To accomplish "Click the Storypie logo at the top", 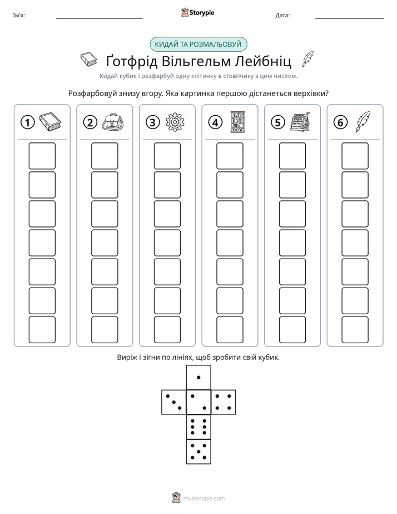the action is click(x=197, y=12).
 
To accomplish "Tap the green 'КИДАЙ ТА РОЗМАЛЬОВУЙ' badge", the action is click(x=198, y=45).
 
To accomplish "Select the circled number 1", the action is click(x=27, y=122).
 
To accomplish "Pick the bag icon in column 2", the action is click(x=112, y=122).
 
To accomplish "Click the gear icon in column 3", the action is click(x=175, y=122).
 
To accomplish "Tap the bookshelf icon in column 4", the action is click(x=237, y=122).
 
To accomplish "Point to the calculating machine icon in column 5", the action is click(x=300, y=122).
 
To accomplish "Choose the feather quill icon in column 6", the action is click(x=363, y=122).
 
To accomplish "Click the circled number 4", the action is click(x=215, y=122).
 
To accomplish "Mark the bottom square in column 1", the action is click(x=42, y=329).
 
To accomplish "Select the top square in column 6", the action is click(x=355, y=156).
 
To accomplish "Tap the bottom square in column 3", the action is click(x=167, y=329).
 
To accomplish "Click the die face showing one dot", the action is click(x=198, y=377).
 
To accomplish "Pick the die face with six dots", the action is click(x=198, y=427).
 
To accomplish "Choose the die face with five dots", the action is click(x=198, y=451).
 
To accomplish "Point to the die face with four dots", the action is click(x=224, y=402).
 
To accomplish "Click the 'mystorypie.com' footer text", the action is click(x=204, y=498).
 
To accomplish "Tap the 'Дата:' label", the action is click(x=282, y=15).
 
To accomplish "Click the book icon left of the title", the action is click(x=89, y=60).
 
